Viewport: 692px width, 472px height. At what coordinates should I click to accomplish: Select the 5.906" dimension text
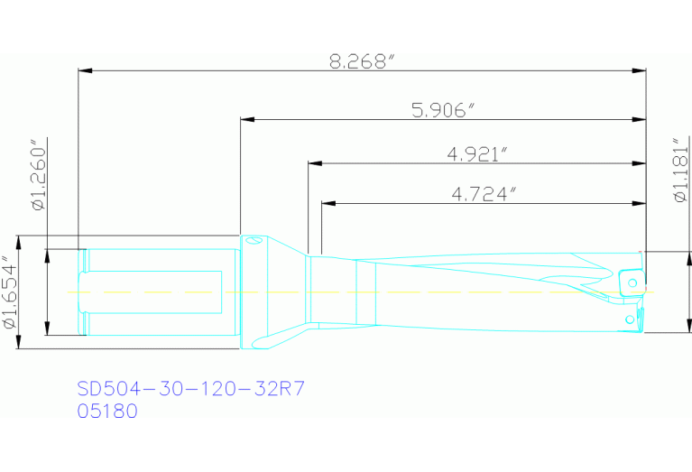pos(443,110)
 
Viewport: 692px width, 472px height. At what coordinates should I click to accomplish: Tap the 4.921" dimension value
pos(477,154)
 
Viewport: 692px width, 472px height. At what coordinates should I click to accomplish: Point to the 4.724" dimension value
pos(484,194)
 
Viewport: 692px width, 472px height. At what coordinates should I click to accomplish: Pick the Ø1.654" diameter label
pos(9,292)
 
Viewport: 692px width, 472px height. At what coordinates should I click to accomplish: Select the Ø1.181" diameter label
pos(681,170)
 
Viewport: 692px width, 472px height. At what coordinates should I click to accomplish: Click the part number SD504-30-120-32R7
pos(190,389)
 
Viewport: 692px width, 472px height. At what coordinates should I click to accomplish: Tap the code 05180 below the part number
pos(107,411)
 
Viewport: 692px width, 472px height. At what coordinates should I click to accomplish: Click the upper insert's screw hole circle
pos(632,282)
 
